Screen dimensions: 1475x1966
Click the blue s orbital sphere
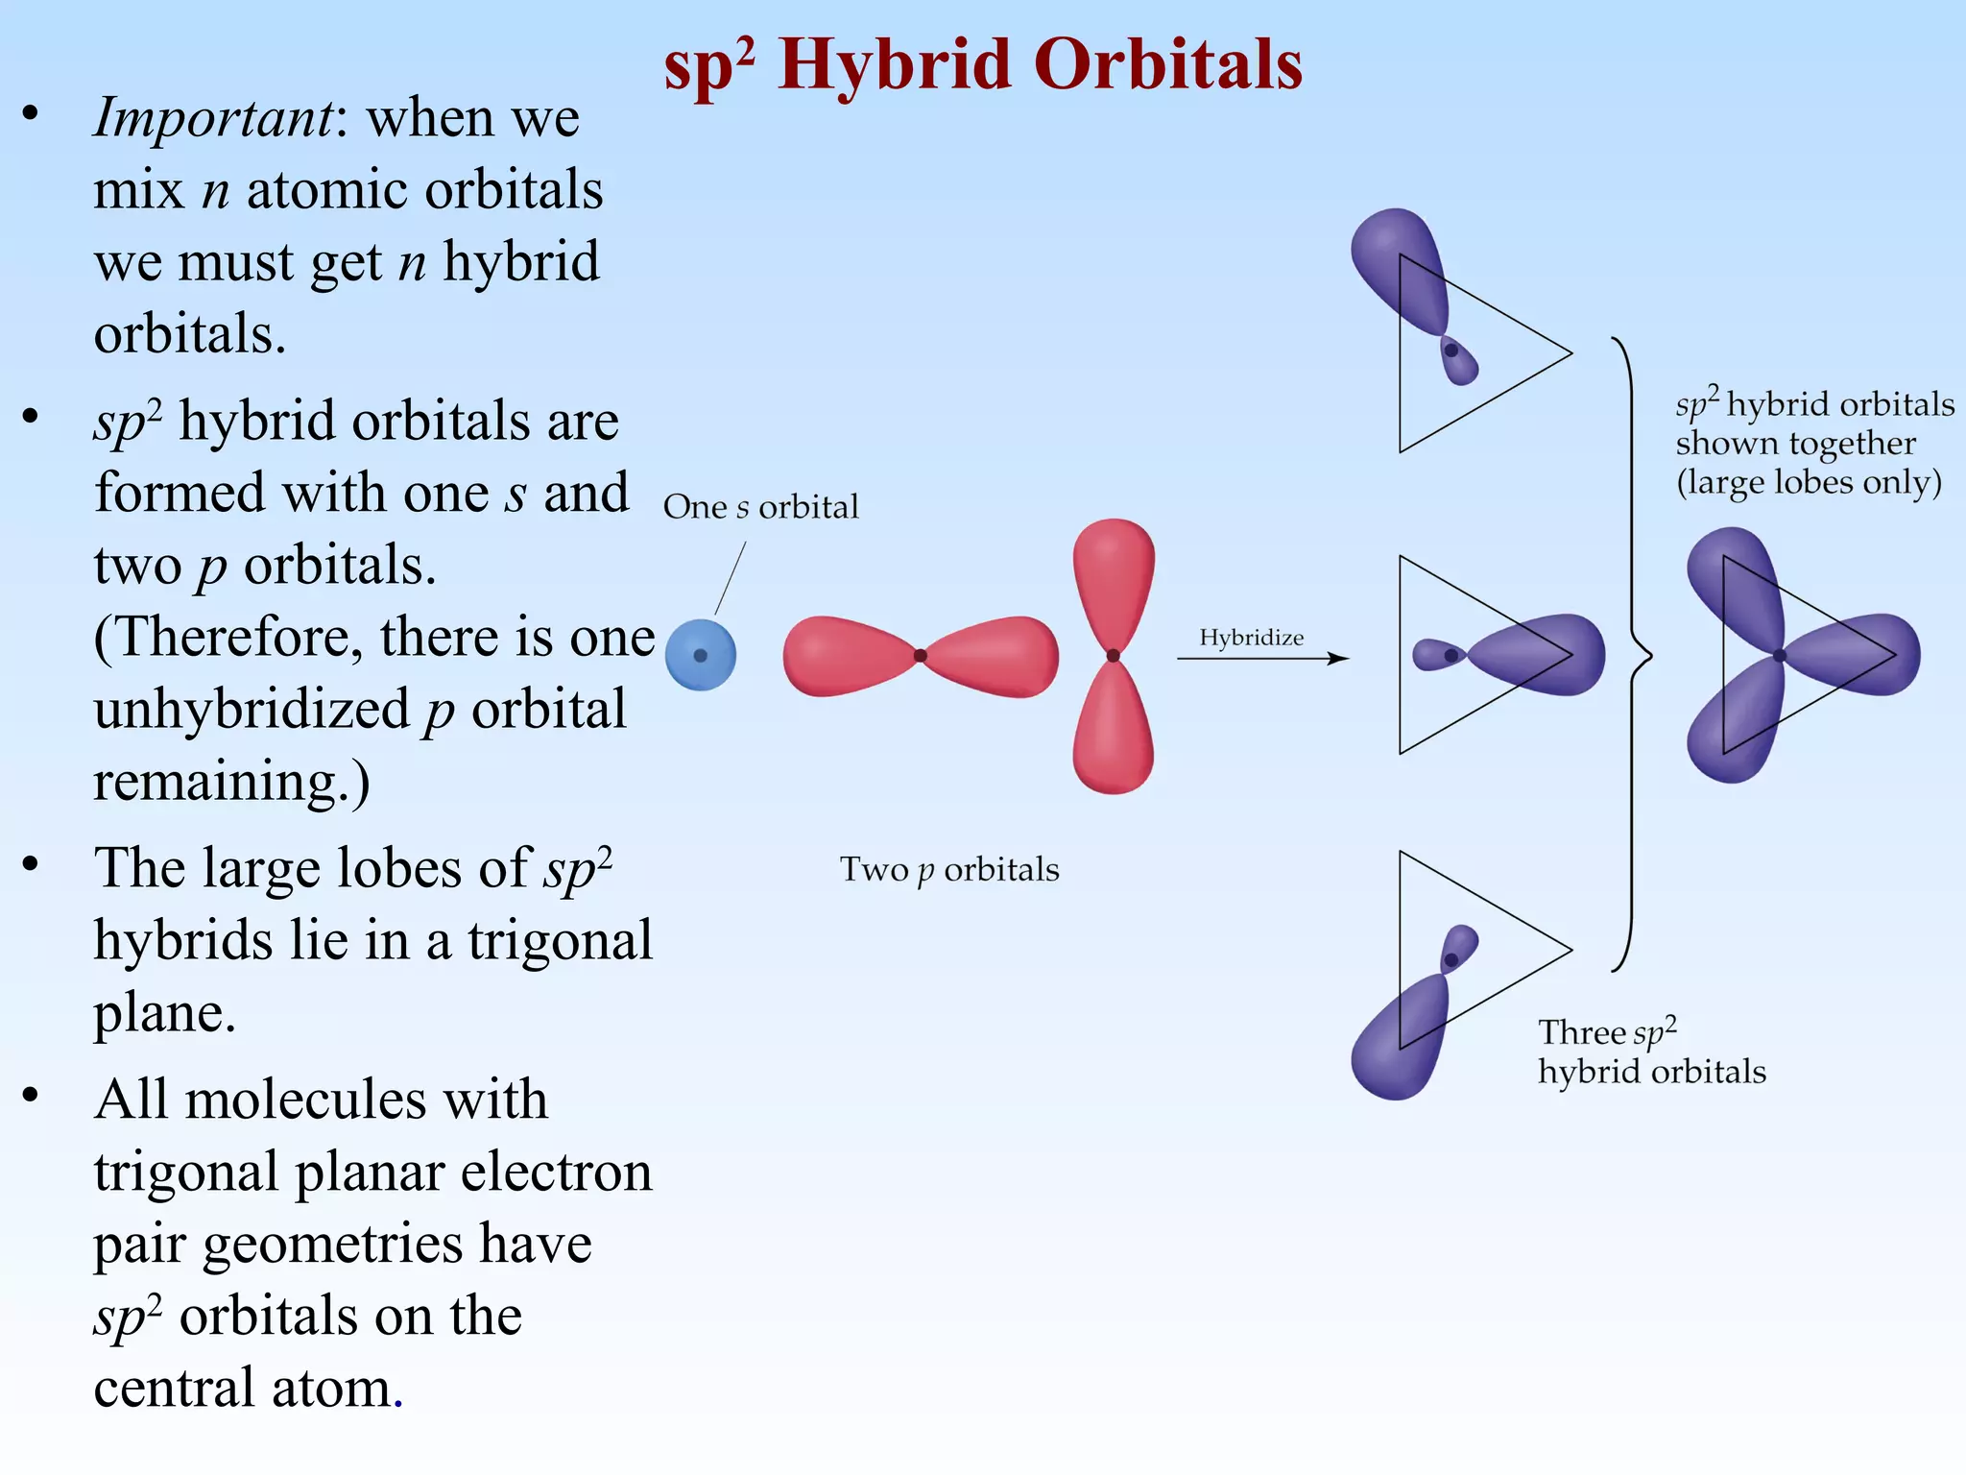700,655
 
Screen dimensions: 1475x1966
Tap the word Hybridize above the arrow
1251,638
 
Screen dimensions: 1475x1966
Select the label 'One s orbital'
760,506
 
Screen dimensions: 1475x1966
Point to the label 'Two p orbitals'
949,869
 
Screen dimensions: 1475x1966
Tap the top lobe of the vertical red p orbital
1114,576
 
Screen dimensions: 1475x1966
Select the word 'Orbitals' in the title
1168,64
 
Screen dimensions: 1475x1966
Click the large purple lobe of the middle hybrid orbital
1541,655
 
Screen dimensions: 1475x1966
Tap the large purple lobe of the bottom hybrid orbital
1400,1042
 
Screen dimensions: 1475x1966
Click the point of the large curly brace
1649,657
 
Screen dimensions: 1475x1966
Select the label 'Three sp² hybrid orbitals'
1651,1052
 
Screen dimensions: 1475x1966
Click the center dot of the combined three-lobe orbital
1779,655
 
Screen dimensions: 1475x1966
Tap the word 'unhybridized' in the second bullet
252,710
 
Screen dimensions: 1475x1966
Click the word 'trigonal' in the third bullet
560,939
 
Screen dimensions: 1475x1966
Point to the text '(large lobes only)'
1809,481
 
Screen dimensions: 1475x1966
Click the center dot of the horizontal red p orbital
920,655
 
